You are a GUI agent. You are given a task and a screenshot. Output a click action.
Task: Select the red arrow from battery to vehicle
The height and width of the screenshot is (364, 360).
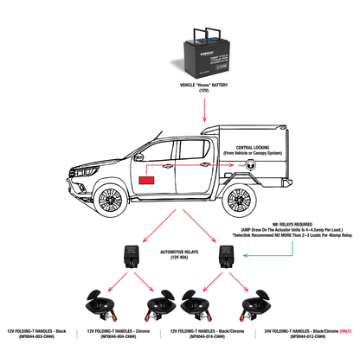205,107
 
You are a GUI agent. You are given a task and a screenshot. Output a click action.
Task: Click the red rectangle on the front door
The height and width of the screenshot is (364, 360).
146,181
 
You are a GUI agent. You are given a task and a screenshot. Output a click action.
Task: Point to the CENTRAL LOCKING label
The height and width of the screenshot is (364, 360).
251,147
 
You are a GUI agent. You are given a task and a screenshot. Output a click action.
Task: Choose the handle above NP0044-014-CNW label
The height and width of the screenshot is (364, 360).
198,306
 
